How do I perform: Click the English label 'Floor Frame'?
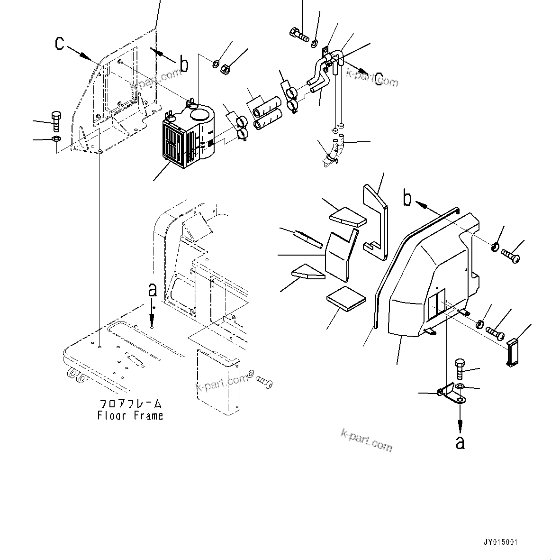click(x=130, y=416)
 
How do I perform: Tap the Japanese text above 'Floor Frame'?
click(x=130, y=404)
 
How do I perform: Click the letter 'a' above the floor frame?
click(x=152, y=290)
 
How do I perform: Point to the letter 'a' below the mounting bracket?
click(x=460, y=442)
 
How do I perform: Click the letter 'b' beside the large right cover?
click(x=407, y=199)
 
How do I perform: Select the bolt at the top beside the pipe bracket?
click(x=298, y=34)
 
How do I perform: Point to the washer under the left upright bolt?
click(x=55, y=139)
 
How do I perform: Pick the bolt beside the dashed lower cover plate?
click(x=264, y=382)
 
